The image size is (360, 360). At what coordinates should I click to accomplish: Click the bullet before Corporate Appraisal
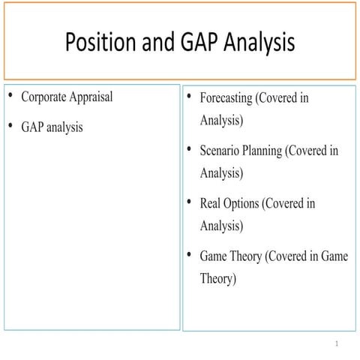(10, 97)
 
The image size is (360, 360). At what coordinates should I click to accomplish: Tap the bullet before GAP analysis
(10, 126)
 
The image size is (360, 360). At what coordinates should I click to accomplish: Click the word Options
(244, 203)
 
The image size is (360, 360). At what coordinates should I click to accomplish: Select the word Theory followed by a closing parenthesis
(218, 279)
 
